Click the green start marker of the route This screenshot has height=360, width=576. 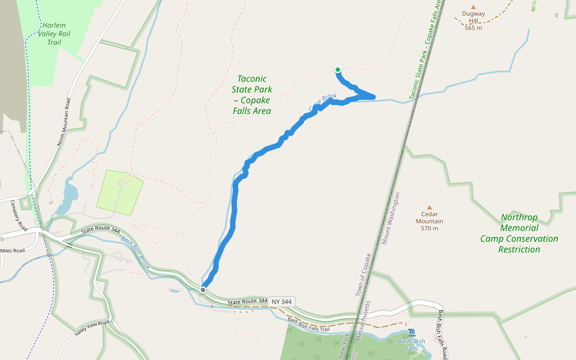[338, 70]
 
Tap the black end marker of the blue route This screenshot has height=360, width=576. [203, 289]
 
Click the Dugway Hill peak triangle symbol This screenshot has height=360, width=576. [473, 7]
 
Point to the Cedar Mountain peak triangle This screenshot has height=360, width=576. [429, 207]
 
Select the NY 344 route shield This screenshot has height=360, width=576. [282, 301]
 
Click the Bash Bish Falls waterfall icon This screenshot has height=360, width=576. [411, 332]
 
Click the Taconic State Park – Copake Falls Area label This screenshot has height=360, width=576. [252, 95]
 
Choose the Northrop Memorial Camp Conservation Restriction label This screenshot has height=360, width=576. [519, 233]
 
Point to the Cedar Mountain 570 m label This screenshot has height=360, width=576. [429, 224]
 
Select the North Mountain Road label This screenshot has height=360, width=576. [64, 122]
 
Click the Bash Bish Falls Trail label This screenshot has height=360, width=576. [308, 325]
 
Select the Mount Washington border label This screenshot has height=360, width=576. [390, 218]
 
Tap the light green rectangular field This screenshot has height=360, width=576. [120, 193]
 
